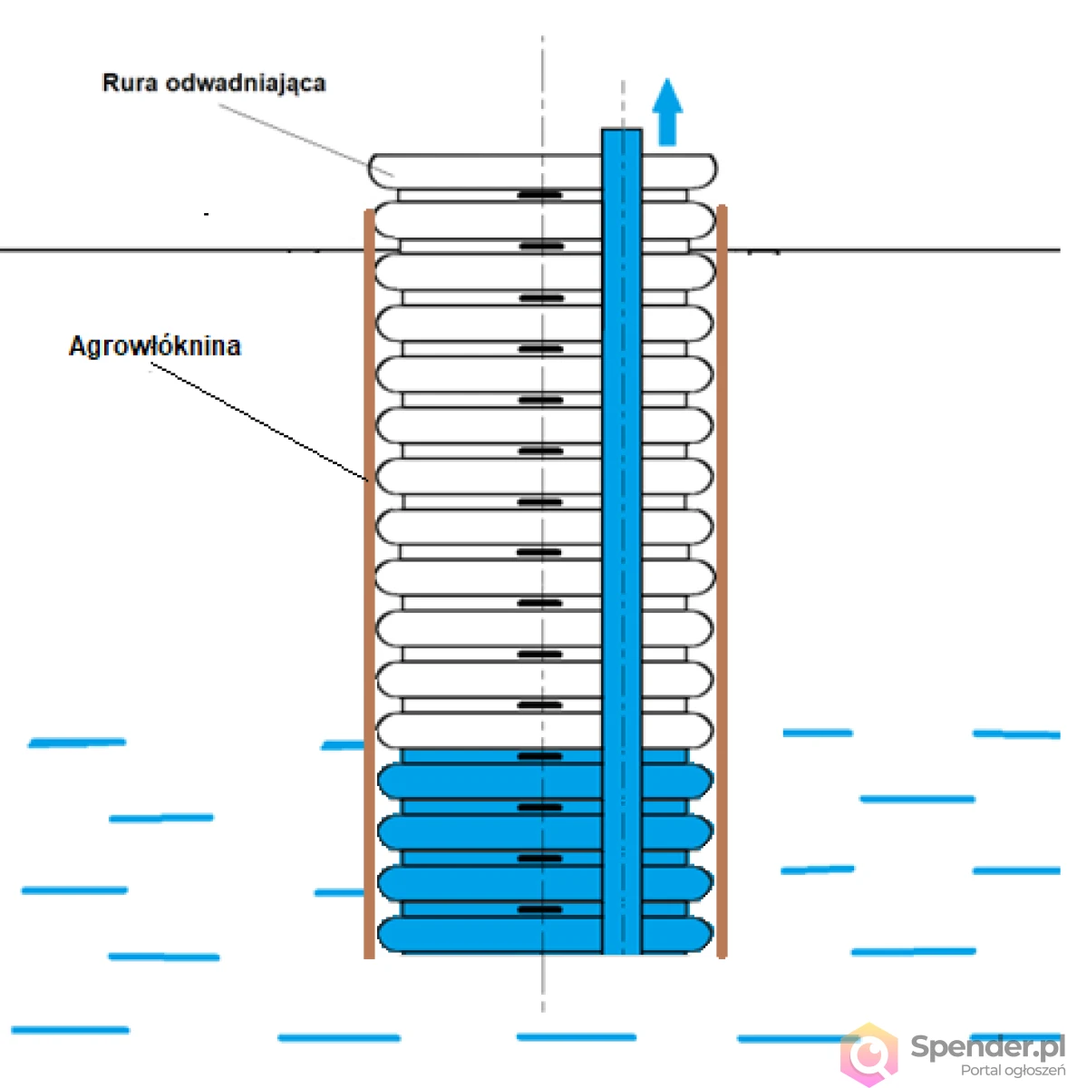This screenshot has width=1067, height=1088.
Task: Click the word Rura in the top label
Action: [130, 83]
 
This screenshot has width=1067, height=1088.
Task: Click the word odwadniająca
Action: [246, 84]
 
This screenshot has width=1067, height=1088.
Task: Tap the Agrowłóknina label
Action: [155, 345]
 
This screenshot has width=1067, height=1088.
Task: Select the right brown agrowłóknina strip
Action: [722, 581]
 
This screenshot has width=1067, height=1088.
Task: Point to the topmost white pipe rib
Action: [542, 170]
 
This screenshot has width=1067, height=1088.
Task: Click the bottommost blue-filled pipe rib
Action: [546, 935]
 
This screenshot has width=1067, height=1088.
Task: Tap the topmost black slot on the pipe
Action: [540, 195]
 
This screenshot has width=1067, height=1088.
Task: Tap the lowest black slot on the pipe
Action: [539, 909]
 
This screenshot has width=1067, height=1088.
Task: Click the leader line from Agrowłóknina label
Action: [259, 423]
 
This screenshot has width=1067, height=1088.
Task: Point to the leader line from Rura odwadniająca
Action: [306, 140]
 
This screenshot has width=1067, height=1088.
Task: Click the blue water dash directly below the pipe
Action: [577, 1036]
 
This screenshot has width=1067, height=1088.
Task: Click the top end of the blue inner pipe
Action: [622, 130]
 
